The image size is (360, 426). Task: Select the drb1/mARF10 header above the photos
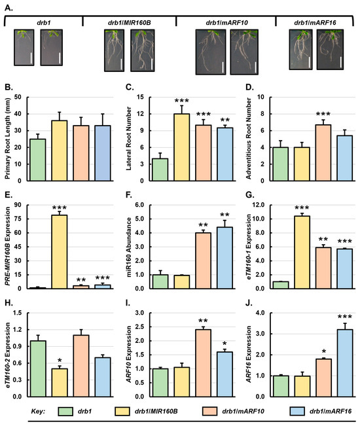coord(222,21)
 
